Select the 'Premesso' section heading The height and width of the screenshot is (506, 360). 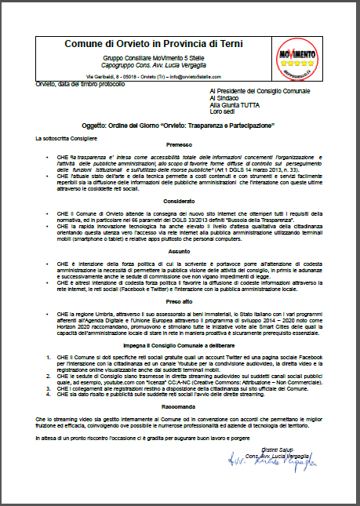coord(180,146)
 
